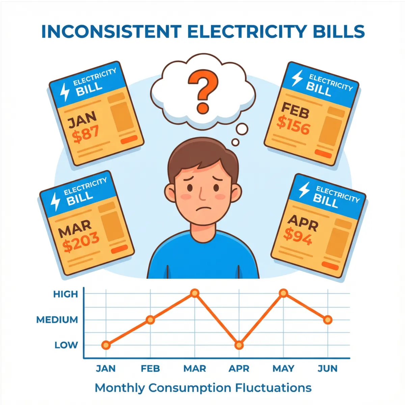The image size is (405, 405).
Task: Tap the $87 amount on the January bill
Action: coord(86,134)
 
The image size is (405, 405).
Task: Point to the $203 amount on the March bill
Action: coord(81,242)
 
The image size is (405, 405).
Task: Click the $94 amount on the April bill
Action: coord(298,236)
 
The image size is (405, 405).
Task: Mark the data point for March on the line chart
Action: coord(195,293)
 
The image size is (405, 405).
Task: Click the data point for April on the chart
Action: coord(239,345)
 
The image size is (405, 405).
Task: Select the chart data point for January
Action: coord(106,345)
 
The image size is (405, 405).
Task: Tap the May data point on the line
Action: coord(283,293)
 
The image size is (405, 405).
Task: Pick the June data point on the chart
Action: coord(328,320)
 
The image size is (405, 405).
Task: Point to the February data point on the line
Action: coord(151,320)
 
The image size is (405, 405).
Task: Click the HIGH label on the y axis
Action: coord(65,294)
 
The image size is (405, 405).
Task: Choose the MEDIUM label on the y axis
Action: coord(57,320)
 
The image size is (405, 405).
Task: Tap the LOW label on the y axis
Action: coord(66,345)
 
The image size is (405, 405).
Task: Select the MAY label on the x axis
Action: coord(283,368)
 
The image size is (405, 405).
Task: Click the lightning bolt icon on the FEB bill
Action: coord(297,78)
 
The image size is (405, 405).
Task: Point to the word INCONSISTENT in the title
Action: coord(111,32)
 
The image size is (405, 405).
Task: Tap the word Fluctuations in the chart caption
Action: coord(273,388)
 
